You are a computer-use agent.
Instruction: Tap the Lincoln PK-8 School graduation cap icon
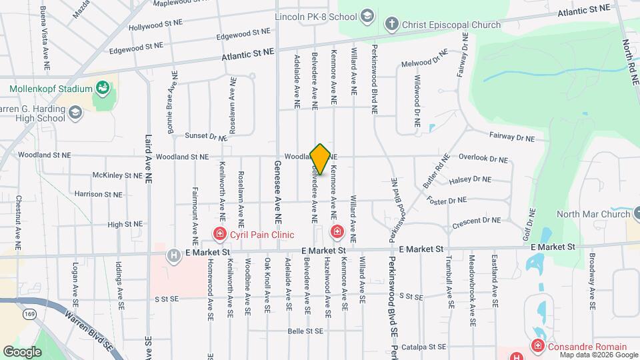[x=367, y=15]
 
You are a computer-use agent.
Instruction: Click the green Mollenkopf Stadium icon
[x=102, y=88]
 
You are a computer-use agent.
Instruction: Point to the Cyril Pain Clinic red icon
[x=219, y=233]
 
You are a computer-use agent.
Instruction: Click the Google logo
[x=22, y=351]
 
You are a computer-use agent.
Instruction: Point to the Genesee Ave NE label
[x=277, y=192]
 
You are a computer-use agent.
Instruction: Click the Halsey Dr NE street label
[x=470, y=179]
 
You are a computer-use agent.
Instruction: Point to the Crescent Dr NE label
[x=475, y=221]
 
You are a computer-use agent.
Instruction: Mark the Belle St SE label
[x=305, y=331]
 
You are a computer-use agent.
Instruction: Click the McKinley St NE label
[x=117, y=175]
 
